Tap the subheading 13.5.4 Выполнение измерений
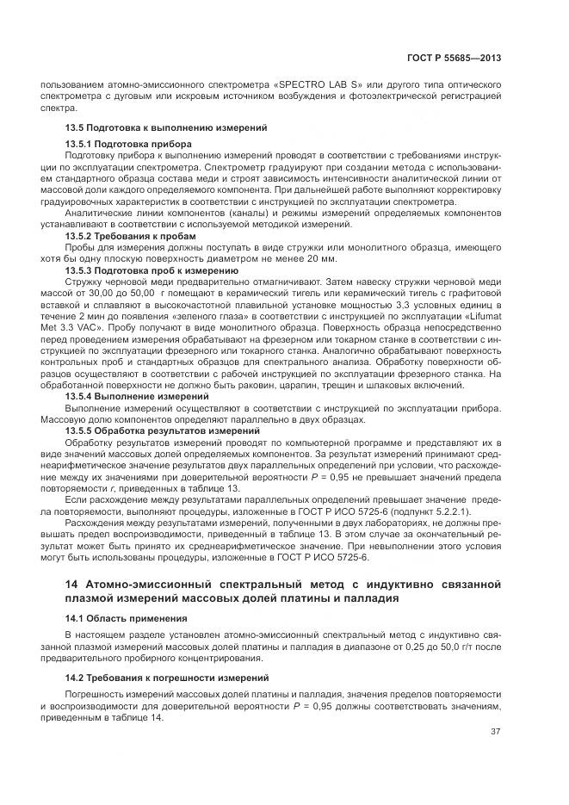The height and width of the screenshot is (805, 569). click(x=137, y=397)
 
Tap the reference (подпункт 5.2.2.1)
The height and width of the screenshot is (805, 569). click(x=441, y=512)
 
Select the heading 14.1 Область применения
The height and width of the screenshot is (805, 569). click(x=126, y=618)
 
